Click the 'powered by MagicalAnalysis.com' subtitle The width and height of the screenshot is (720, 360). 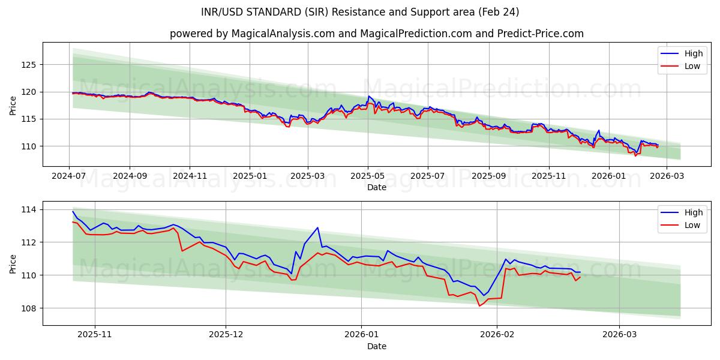pyautogui.click(x=376, y=34)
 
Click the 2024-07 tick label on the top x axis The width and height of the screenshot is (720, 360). pyautogui.click(x=69, y=176)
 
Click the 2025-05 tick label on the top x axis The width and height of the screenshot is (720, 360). pyautogui.click(x=367, y=176)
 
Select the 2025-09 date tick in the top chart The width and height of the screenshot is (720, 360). pyautogui.click(x=488, y=176)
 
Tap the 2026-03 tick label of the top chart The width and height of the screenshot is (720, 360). pyautogui.click(x=667, y=176)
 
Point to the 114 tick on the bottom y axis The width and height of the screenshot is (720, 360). pyautogui.click(x=30, y=209)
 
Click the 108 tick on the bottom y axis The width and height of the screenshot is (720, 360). pyautogui.click(x=30, y=308)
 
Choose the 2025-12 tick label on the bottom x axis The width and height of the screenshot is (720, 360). pyautogui.click(x=227, y=335)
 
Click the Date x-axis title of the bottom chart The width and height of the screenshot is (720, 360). pyautogui.click(x=376, y=346)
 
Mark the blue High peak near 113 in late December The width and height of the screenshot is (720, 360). pyautogui.click(x=317, y=227)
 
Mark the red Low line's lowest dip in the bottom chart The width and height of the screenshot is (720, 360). pyautogui.click(x=479, y=306)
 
